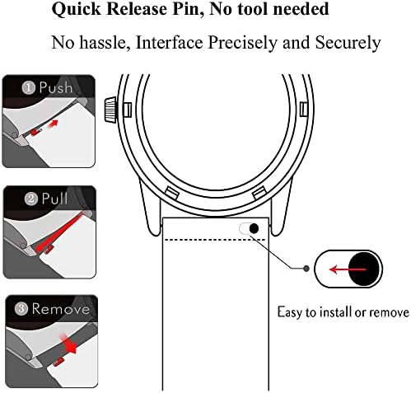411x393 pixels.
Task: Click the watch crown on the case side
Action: (110, 109)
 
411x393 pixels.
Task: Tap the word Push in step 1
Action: (56, 87)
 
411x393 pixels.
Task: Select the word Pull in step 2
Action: (54, 199)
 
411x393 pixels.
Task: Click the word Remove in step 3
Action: (61, 309)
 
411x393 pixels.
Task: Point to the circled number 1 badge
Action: (29, 88)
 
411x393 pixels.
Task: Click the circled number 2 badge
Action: (31, 199)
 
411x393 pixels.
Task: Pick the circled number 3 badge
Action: (21, 309)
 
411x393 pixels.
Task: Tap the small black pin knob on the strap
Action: (254, 228)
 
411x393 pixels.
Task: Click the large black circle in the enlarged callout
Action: (364, 269)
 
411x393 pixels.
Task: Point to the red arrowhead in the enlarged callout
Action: (334, 269)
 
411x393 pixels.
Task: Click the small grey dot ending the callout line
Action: (306, 269)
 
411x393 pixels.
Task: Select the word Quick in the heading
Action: (77, 9)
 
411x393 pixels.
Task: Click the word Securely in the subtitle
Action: (348, 43)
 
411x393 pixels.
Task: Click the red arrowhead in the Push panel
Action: (54, 124)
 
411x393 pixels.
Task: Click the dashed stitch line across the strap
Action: (214, 240)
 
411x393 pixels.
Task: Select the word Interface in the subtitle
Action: (170, 43)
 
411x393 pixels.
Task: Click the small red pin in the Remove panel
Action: (58, 362)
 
